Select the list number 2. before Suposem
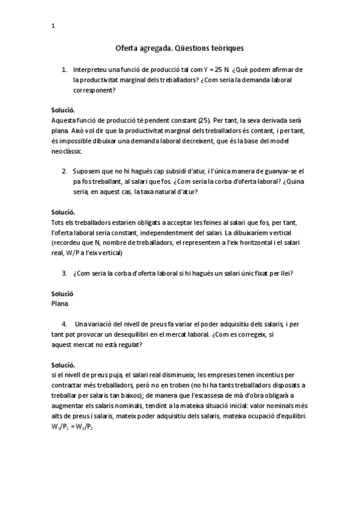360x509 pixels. point(64,170)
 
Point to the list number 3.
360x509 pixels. point(64,274)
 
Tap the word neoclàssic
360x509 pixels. point(66,152)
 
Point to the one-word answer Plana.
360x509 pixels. point(60,304)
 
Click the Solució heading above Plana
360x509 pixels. point(62,294)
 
